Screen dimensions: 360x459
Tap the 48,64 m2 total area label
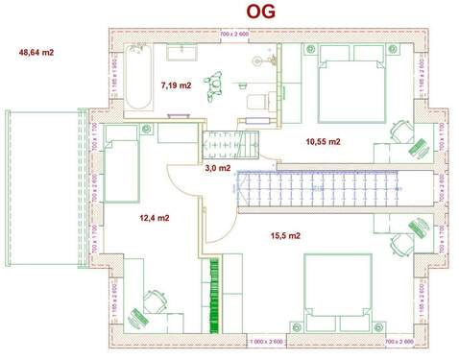38,52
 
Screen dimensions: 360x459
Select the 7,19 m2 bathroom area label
176,84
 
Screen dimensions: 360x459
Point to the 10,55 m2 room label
324,141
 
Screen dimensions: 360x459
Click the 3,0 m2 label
217,167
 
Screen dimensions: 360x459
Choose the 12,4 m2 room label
154,218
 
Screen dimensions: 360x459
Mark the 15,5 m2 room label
285,235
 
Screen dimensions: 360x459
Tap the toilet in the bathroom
255,100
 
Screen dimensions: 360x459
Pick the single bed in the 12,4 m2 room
124,167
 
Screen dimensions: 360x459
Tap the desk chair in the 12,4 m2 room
153,301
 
